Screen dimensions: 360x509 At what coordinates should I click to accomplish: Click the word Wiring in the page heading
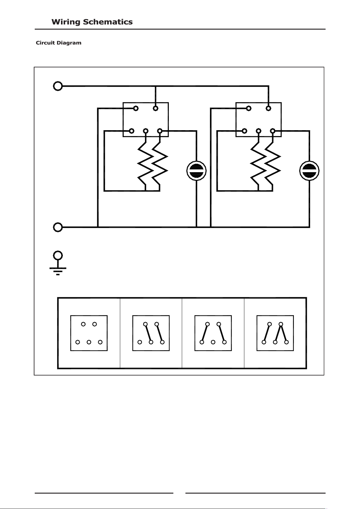tap(66, 22)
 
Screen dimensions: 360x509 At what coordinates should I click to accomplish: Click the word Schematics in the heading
tap(108, 22)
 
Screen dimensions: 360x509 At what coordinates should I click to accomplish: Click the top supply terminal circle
tap(58, 86)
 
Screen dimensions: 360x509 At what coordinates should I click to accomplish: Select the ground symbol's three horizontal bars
tap(58, 271)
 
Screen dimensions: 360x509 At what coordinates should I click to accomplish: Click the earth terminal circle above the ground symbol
tap(58, 256)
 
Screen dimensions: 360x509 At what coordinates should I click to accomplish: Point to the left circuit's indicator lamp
tap(197, 171)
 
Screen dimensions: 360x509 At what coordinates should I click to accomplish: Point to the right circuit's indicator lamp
tap(309, 171)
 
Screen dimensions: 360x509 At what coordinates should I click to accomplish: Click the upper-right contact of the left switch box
tap(155, 108)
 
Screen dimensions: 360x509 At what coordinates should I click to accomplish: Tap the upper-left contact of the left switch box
tap(136, 108)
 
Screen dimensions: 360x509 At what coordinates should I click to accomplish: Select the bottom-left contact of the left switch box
tap(131, 131)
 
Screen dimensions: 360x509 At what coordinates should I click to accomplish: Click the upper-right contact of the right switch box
tap(268, 108)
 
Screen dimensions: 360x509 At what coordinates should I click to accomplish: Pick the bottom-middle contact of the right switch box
tap(259, 131)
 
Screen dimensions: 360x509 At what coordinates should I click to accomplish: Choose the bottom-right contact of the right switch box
tap(273, 131)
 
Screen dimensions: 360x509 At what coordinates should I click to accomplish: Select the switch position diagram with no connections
tap(89, 333)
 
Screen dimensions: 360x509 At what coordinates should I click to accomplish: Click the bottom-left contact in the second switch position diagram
tap(140, 342)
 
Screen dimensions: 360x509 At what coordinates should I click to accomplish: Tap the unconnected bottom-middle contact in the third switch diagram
tap(213, 342)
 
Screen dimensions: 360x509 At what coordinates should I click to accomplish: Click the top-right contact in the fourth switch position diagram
tap(281, 324)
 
